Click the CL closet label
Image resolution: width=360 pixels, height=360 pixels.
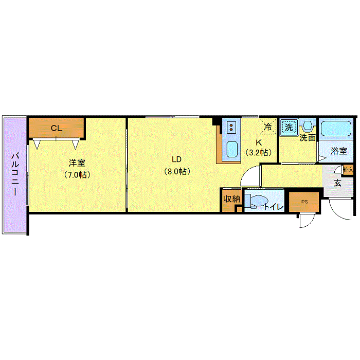point(57,128)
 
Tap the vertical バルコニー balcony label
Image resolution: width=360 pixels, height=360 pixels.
point(15,175)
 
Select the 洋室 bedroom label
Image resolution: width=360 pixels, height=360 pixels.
point(77,163)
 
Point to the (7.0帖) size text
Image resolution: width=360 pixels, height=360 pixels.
point(77,175)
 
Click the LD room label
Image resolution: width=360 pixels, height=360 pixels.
point(177,159)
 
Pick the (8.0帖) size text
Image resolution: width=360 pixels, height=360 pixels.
point(177,171)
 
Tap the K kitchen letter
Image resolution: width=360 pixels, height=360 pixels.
point(259,142)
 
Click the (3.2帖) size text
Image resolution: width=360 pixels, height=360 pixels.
point(259,152)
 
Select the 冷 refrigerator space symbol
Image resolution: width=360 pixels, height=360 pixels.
point(268,127)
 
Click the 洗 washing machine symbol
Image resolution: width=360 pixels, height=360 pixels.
point(289,127)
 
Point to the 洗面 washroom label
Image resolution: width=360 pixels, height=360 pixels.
point(308,138)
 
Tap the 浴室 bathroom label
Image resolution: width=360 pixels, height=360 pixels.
point(338,151)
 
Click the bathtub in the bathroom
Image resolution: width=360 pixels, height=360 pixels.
point(336,129)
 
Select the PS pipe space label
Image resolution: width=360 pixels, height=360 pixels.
point(304,202)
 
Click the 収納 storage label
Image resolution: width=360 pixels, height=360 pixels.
point(232,199)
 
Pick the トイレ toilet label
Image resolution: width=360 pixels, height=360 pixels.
point(273,207)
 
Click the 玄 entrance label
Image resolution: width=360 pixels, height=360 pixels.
point(337,183)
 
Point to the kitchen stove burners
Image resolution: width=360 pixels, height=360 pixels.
point(231,128)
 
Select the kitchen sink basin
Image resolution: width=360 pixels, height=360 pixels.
point(232,149)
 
